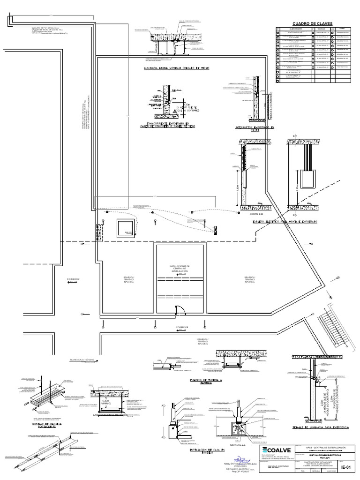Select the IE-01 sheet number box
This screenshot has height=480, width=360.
346,467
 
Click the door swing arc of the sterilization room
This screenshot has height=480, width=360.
179,308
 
